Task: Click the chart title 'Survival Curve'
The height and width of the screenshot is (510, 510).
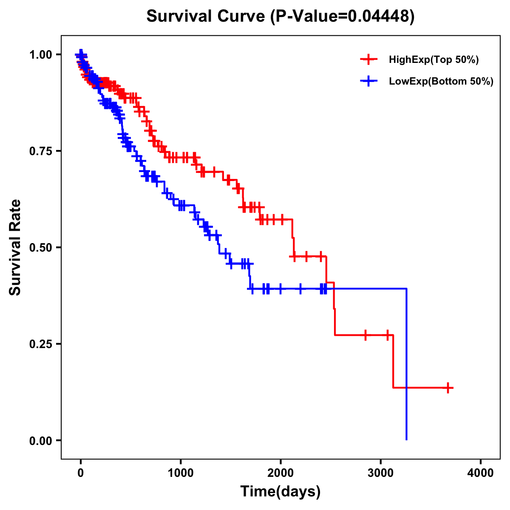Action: (x=207, y=17)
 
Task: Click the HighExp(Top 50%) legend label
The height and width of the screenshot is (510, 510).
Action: (x=433, y=60)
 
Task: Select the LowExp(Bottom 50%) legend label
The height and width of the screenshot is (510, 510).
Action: (x=441, y=82)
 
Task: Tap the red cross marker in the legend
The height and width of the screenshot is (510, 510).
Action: (x=368, y=60)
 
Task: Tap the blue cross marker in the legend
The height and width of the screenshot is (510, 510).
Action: (x=368, y=82)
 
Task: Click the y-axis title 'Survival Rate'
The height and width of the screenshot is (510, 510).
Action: (x=15, y=247)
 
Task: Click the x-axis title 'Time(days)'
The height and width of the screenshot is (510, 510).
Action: (x=280, y=492)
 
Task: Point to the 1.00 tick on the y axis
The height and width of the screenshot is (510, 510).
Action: (x=40, y=55)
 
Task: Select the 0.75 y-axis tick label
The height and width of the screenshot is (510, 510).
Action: (x=40, y=151)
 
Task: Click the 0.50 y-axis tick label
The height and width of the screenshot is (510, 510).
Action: (x=40, y=248)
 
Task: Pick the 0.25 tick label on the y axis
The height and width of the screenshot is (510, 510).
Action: (x=40, y=344)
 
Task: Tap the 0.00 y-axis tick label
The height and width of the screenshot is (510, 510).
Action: (x=40, y=441)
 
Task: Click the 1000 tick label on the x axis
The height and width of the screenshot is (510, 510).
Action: (x=181, y=473)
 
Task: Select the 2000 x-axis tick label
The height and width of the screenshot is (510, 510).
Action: (x=280, y=473)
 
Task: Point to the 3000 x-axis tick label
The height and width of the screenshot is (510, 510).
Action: (x=381, y=473)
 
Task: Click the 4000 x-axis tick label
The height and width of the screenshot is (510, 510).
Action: (x=481, y=473)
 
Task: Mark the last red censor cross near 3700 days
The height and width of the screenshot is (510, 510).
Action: (x=448, y=388)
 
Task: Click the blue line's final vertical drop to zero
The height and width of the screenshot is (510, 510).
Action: (x=407, y=365)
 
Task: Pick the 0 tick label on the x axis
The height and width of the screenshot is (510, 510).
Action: (x=81, y=473)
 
